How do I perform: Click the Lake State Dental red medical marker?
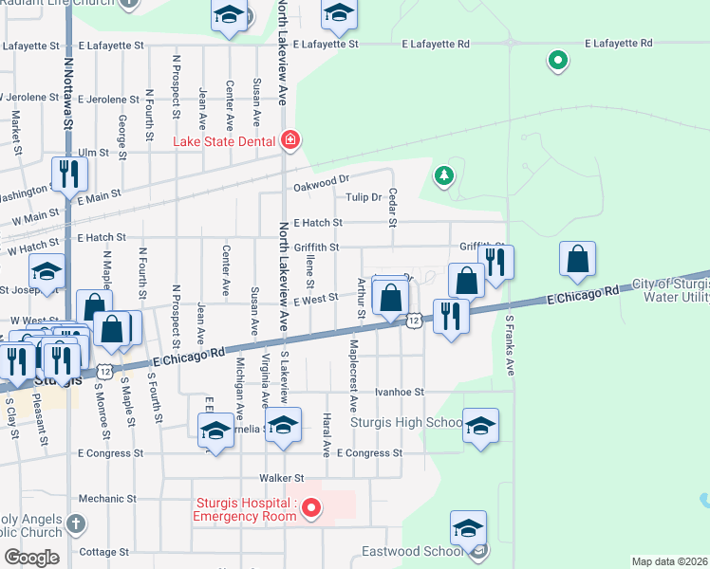coord(290,142)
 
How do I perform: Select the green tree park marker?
coord(442,175)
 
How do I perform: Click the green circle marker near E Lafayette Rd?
coord(558,63)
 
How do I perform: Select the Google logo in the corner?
coord(31,558)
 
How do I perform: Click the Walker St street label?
coord(284,478)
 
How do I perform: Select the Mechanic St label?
coord(102,498)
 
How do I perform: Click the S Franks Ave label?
coord(510,346)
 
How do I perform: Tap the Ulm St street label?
coord(93,152)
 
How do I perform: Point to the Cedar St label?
coord(392,207)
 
